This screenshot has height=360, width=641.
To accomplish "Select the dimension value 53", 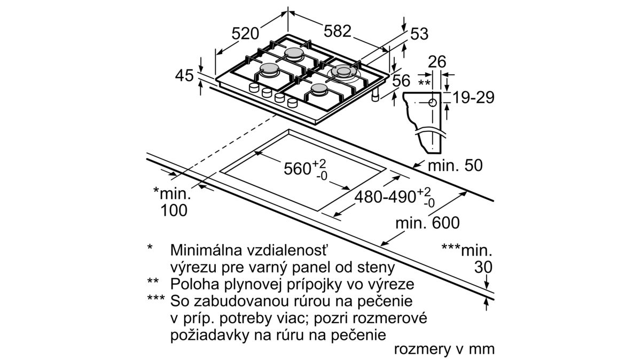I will pos(419,34).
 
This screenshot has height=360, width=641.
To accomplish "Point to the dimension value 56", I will pos(401,81).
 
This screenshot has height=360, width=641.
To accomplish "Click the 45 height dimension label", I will pos(184,76).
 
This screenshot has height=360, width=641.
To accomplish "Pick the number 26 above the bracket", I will pos(436,62).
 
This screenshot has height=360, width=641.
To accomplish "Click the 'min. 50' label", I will pos(455,166).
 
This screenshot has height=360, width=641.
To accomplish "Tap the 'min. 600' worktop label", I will pos(427,222).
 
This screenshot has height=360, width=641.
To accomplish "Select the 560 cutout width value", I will pos(298,169).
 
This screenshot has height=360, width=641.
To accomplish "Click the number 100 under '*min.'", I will pos(174,210).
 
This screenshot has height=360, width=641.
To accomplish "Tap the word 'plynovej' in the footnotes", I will pos(245,283).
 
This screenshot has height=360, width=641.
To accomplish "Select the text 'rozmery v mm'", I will pos(444,349).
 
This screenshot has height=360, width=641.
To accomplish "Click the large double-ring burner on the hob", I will pos(342,71).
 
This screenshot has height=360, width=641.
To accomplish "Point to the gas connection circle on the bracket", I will pos(432,101).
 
